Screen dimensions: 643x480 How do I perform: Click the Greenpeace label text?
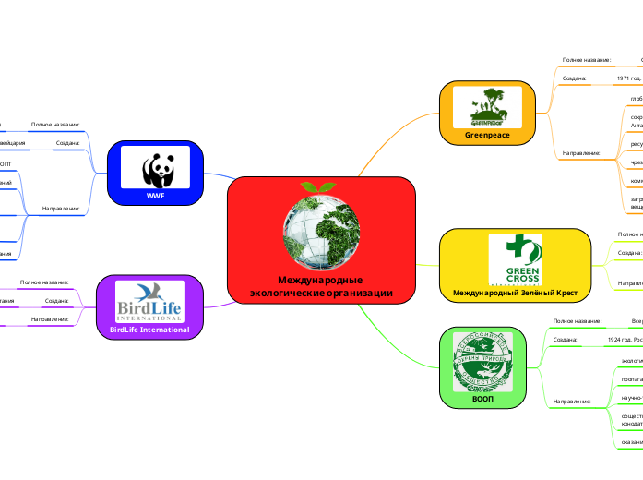(x=487, y=136)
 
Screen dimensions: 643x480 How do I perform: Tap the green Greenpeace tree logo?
(x=487, y=106)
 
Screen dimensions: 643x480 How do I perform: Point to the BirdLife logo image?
(x=149, y=300)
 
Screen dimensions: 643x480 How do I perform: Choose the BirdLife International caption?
(x=149, y=330)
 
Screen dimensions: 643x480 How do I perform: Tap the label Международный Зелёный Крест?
(x=515, y=294)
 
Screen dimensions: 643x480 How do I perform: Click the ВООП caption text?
(x=482, y=401)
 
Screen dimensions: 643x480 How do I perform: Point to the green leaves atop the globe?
(x=319, y=186)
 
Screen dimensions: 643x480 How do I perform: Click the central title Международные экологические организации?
(x=320, y=286)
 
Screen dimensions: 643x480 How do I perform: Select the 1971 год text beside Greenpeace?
(x=630, y=78)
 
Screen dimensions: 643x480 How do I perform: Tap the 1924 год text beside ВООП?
(x=624, y=340)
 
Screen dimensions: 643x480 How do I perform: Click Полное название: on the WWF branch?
(x=55, y=124)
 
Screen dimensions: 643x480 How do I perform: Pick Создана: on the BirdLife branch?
(x=58, y=301)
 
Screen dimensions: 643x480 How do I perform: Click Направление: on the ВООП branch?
(x=571, y=402)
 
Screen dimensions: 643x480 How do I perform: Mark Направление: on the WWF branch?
(x=61, y=209)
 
